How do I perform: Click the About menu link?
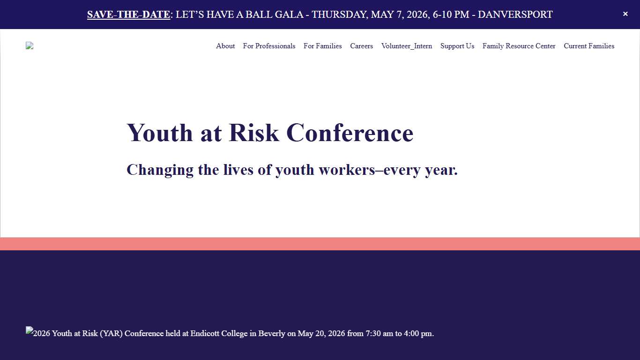pyautogui.click(x=225, y=46)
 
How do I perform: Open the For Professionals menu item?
pyautogui.click(x=269, y=46)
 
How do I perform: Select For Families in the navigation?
pyautogui.click(x=322, y=46)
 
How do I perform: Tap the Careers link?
pyautogui.click(x=361, y=46)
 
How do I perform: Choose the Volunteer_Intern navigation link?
pyautogui.click(x=407, y=46)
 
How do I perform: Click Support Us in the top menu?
pyautogui.click(x=457, y=46)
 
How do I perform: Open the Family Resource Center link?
pyautogui.click(x=519, y=46)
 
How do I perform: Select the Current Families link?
pyautogui.click(x=589, y=46)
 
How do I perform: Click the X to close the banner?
pyautogui.click(x=625, y=14)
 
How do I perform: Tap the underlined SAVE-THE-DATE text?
pyautogui.click(x=128, y=15)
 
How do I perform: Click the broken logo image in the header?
pyautogui.click(x=30, y=45)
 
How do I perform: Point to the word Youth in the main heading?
pyautogui.click(x=159, y=133)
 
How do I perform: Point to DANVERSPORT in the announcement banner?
pyautogui.click(x=515, y=15)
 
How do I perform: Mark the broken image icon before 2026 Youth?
pyautogui.click(x=30, y=330)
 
